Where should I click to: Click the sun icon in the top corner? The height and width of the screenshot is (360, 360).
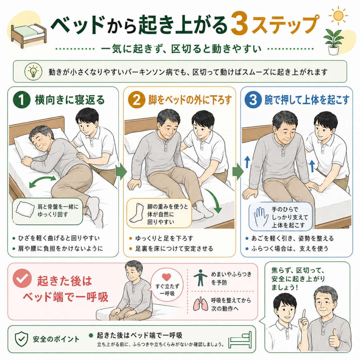point(339,15)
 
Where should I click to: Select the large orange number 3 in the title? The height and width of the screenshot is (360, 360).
point(239,24)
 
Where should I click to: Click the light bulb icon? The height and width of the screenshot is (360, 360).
point(33,72)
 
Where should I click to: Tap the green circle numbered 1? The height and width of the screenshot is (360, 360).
point(21,99)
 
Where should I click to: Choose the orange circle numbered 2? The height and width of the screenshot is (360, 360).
point(136,99)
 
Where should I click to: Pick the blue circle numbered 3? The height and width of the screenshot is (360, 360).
point(253,99)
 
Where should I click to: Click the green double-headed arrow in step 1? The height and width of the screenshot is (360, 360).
point(43,182)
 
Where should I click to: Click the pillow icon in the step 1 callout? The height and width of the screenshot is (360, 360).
point(25,210)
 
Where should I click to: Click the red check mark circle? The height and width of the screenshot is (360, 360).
point(22,278)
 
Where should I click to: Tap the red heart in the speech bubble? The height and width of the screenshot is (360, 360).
point(166,277)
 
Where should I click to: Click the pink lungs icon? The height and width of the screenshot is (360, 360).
point(200,304)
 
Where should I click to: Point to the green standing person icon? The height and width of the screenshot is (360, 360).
point(200,278)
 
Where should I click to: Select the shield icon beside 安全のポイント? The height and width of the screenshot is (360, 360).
point(21,339)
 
